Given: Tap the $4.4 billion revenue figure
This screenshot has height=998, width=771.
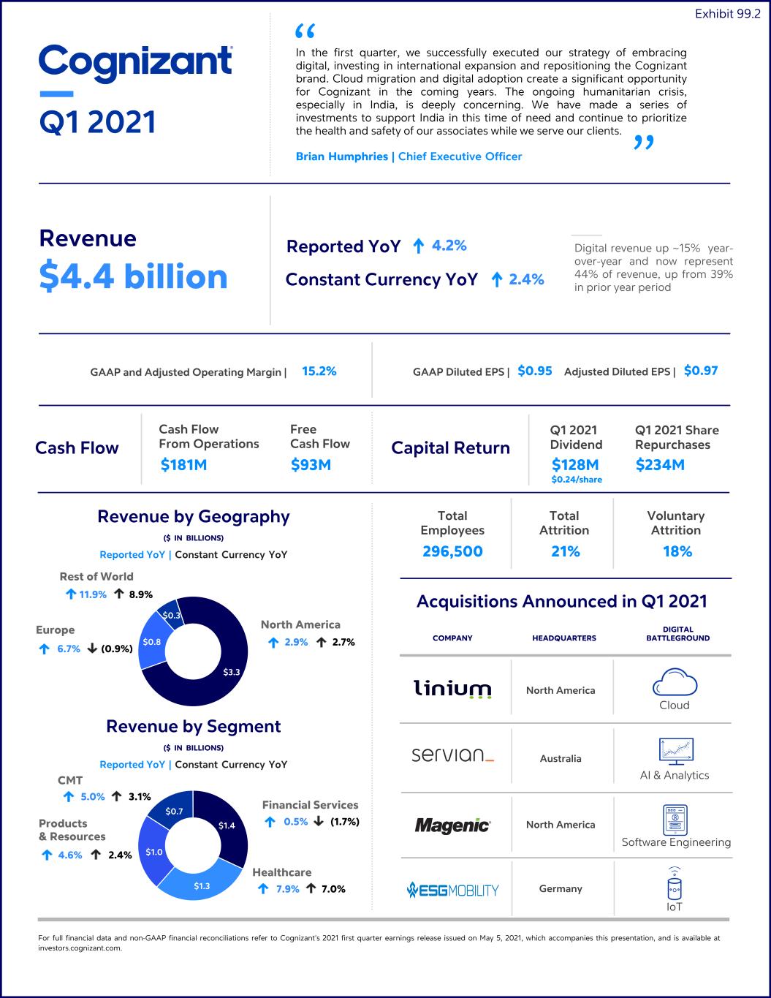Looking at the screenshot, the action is coord(134,276).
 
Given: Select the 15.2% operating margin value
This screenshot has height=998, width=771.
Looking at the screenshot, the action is coord(319,371).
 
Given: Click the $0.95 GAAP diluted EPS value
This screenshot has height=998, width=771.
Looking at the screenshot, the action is coord(535,371).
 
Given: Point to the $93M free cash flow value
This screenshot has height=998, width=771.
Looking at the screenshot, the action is coord(311,465).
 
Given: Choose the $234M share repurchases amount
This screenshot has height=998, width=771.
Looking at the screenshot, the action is coord(660,465).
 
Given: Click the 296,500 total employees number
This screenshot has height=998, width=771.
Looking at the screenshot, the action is coord(452,551).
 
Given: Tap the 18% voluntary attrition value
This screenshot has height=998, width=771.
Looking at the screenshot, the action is coord(677,551).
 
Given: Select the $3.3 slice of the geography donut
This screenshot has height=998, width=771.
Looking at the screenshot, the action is coord(225,666).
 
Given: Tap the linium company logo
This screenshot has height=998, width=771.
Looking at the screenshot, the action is coord(452,689).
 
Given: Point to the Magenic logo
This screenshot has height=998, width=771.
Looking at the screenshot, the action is coord(452,825).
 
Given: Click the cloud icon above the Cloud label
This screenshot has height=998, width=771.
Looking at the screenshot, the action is coord(675,682).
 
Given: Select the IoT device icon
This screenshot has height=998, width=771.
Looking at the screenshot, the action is coord(674,884).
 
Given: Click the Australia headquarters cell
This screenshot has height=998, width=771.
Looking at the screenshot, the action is coord(561,758).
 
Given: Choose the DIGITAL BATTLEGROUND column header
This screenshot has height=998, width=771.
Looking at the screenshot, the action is coord(678,633).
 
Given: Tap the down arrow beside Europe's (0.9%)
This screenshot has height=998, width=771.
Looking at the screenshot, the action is coord(92,648).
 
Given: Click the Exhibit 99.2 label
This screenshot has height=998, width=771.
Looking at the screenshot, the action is coord(728,14).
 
